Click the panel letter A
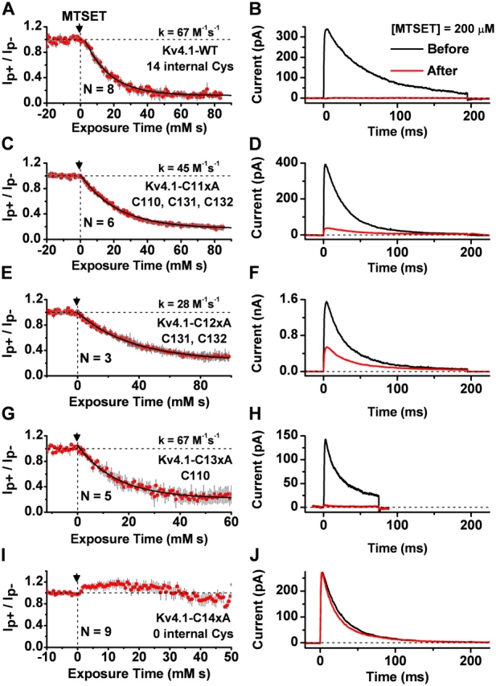(10, 10)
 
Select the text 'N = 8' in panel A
(100, 89)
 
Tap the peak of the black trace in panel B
(326, 30)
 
